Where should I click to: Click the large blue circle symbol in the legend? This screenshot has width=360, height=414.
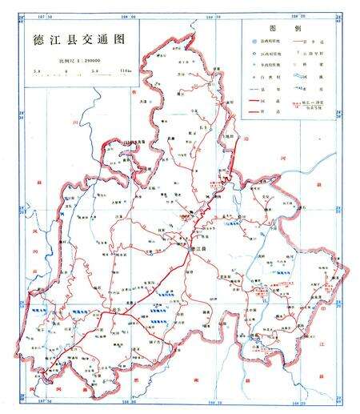point(254,39)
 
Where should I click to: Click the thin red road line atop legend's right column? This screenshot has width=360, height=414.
point(301,39)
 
